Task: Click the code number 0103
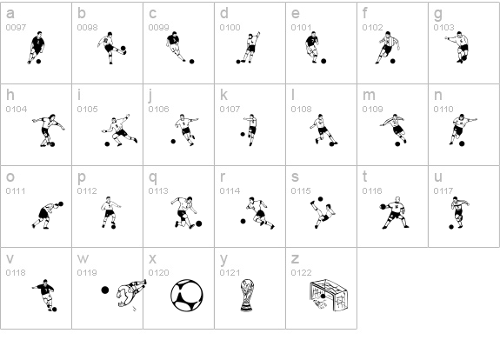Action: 443,28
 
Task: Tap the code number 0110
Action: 443,110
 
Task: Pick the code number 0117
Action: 443,191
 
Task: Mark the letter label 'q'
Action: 152,177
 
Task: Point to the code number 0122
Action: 301,273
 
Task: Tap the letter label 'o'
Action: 10,177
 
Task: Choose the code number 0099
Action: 158,28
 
